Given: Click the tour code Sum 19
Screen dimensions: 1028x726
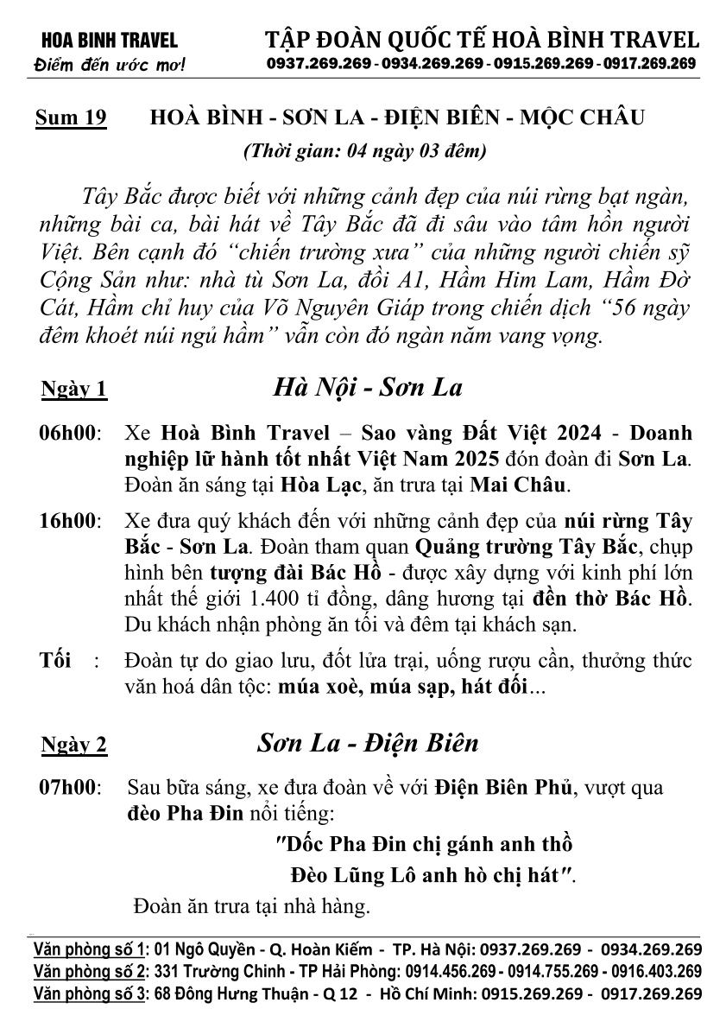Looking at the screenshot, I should coord(71,117).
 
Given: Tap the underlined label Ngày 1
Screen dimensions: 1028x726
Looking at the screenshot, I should coord(74,390).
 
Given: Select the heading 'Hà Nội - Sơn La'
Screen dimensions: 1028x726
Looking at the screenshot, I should coord(368,386).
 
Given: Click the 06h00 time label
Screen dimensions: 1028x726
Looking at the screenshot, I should coord(69,431).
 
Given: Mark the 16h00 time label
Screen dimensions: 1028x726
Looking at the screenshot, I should coord(69,523).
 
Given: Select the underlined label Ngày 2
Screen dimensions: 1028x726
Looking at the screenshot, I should coord(74,746).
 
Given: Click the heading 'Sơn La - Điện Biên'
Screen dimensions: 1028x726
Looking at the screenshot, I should coord(367,743).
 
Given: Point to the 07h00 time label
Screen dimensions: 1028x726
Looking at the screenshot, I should coord(69,788).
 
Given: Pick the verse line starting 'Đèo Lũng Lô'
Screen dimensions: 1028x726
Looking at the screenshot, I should coord(432,874).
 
